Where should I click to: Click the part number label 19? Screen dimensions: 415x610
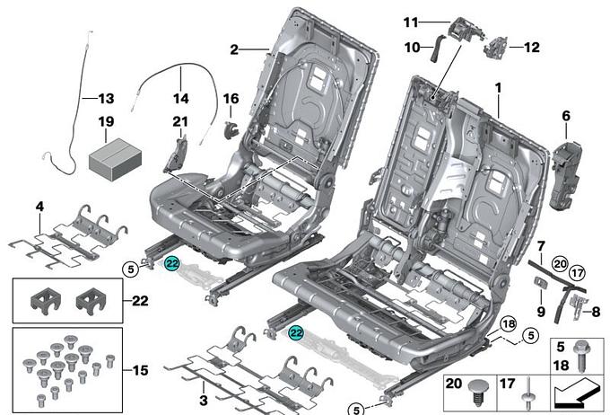pyautogui.click(x=106, y=120)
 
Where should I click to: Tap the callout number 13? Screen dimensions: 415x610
pyautogui.click(x=106, y=97)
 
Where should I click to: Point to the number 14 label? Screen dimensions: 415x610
pyautogui.click(x=181, y=98)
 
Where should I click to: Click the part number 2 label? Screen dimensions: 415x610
pyautogui.click(x=234, y=50)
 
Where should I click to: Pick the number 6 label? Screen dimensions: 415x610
pyautogui.click(x=566, y=115)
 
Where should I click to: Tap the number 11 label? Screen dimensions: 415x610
pyautogui.click(x=411, y=22)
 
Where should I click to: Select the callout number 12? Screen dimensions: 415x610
pyautogui.click(x=531, y=47)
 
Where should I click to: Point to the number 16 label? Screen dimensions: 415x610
pyautogui.click(x=230, y=98)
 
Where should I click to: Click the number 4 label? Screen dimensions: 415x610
pyautogui.click(x=39, y=207)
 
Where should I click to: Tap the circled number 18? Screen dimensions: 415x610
pyautogui.click(x=507, y=323)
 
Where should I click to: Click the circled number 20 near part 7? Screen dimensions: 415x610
pyautogui.click(x=560, y=264)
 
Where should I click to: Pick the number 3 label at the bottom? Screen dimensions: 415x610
pyautogui.click(x=204, y=398)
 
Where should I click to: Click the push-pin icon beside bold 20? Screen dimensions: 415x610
pyautogui.click(x=477, y=393)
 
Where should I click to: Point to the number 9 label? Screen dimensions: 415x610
pyautogui.click(x=541, y=311)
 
